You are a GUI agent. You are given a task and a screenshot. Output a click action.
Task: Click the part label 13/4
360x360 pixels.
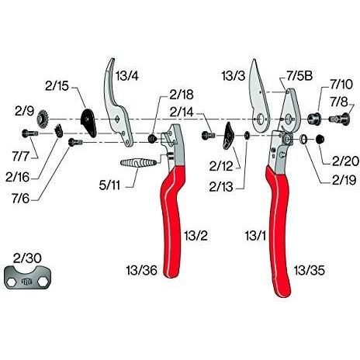[x=126, y=76]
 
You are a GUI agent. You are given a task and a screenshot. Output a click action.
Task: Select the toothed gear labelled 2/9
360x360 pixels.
[x=43, y=119]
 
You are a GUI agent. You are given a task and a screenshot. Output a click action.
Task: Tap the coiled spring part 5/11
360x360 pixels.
[x=138, y=163]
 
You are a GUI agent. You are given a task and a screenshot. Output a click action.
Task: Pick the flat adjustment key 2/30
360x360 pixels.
[x=28, y=278]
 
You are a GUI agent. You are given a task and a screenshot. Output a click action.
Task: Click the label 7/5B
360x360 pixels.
[x=299, y=76]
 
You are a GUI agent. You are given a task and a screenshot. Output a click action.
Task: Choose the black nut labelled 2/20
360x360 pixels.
[x=320, y=140]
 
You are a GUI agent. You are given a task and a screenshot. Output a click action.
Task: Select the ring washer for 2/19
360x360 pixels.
[x=303, y=140]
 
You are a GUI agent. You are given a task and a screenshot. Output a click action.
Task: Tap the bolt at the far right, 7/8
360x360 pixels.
[x=339, y=119]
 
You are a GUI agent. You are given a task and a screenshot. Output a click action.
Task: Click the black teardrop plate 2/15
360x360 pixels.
[x=88, y=123]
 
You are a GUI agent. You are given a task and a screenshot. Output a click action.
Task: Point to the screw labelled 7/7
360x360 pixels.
[x=30, y=133]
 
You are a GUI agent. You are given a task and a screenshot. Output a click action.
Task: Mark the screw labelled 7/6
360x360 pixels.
[x=75, y=142]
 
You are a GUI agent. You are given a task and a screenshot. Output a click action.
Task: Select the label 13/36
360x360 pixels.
[x=142, y=270]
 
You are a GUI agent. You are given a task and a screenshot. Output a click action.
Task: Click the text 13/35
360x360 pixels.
[x=310, y=270]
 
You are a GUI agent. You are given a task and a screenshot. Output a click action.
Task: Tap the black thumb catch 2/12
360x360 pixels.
[x=227, y=136]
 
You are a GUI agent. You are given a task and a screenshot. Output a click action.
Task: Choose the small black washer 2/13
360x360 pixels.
[x=247, y=135]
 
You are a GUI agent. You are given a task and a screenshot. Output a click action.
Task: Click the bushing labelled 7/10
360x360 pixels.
[x=314, y=119]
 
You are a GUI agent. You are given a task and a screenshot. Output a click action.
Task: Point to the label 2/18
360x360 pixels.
[x=182, y=95]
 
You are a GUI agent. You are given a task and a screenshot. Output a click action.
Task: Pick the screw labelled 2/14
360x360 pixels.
[x=208, y=135]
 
